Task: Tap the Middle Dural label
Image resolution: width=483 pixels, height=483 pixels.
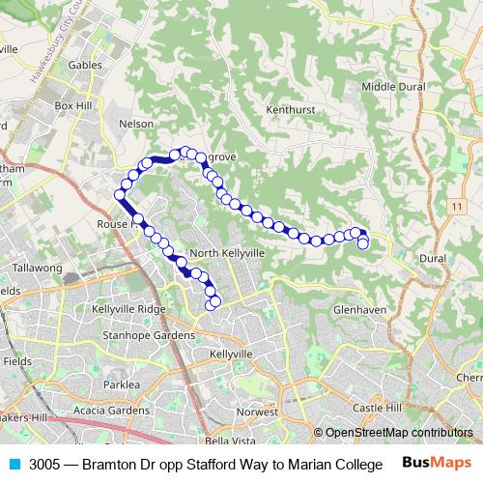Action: tap(392, 86)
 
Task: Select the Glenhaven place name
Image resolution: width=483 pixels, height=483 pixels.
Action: tap(359, 309)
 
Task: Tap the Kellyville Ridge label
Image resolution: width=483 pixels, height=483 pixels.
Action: tap(128, 308)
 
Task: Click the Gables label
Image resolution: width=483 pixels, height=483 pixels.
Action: tap(85, 65)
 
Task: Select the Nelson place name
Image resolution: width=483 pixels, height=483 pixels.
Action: tap(135, 124)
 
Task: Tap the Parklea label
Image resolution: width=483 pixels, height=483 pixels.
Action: tap(122, 384)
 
